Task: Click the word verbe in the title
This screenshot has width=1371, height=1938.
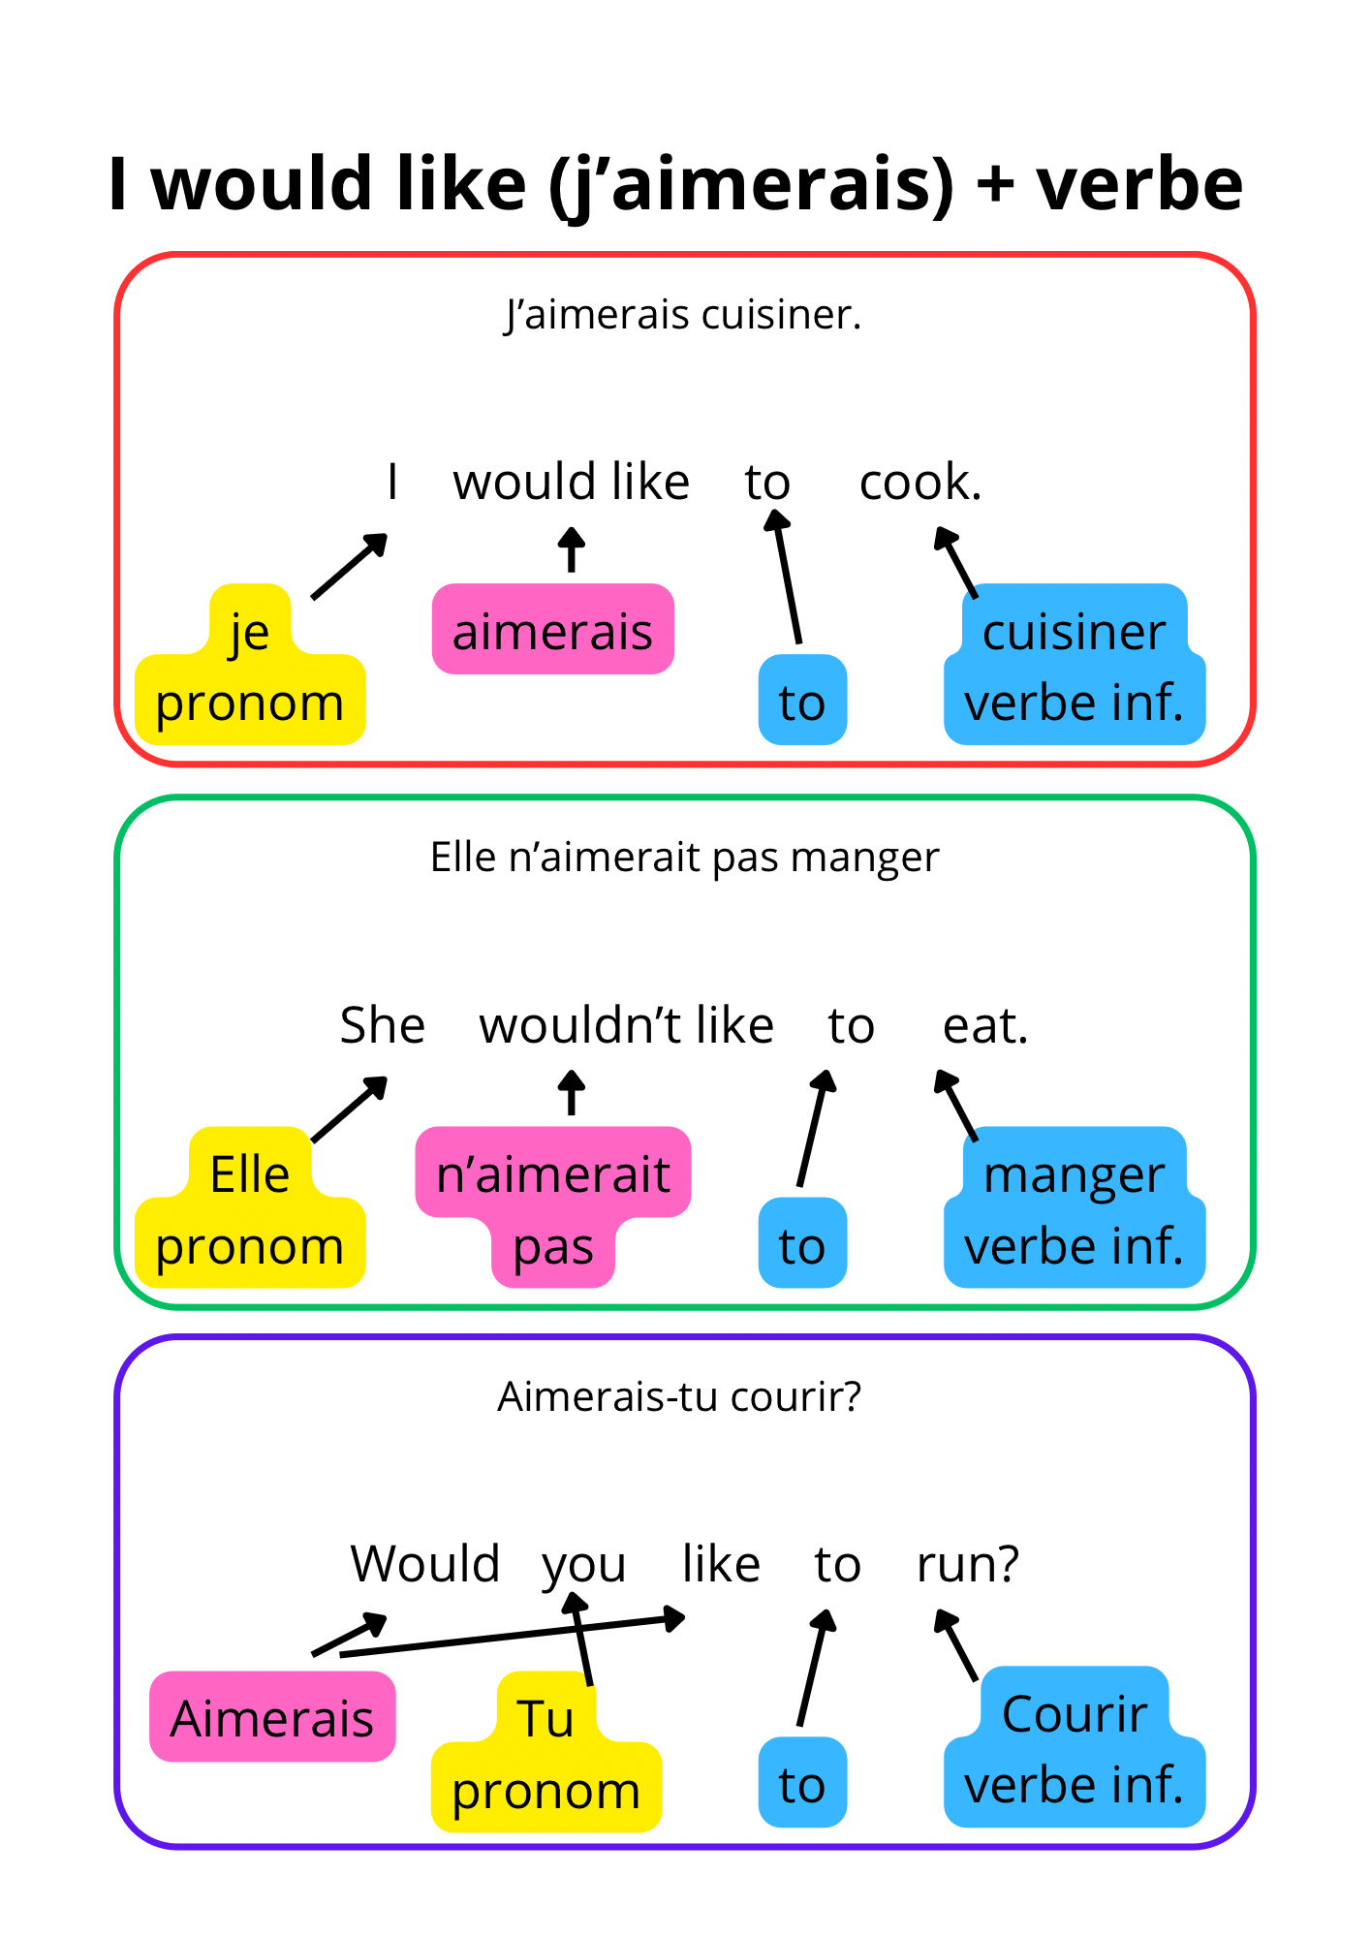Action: (1139, 184)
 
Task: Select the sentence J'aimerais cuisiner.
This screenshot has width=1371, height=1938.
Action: (683, 315)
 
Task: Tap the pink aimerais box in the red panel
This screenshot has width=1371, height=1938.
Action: (552, 630)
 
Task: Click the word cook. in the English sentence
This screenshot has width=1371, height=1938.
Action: (920, 482)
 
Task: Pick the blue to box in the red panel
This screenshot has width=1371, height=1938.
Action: (802, 701)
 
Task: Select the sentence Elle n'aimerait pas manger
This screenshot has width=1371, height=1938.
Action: (684, 858)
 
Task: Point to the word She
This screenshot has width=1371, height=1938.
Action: (382, 1025)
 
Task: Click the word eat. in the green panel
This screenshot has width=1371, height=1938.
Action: (984, 1025)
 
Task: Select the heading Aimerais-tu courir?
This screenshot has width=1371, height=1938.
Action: (679, 1397)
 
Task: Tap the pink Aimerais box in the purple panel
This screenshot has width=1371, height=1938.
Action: (272, 1718)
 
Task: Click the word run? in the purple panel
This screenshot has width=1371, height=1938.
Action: (968, 1564)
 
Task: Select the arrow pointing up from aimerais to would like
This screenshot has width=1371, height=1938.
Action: (572, 549)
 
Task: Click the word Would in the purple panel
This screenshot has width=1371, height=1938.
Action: (425, 1564)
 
